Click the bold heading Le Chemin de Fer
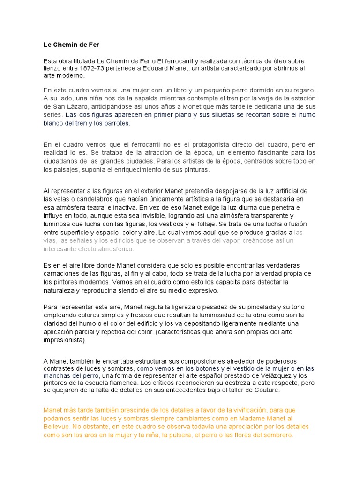[72, 45]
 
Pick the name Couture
[278, 390]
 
